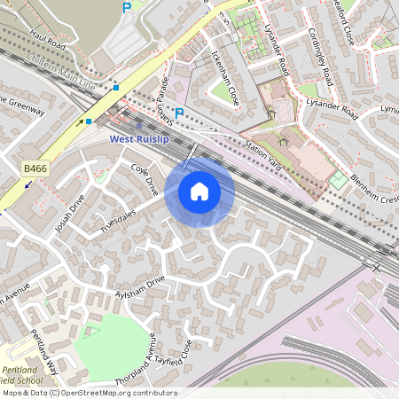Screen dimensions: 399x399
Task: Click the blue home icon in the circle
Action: tap(199, 191)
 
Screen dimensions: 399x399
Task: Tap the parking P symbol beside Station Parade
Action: tap(179, 113)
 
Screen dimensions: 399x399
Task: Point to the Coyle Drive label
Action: tap(145, 177)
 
